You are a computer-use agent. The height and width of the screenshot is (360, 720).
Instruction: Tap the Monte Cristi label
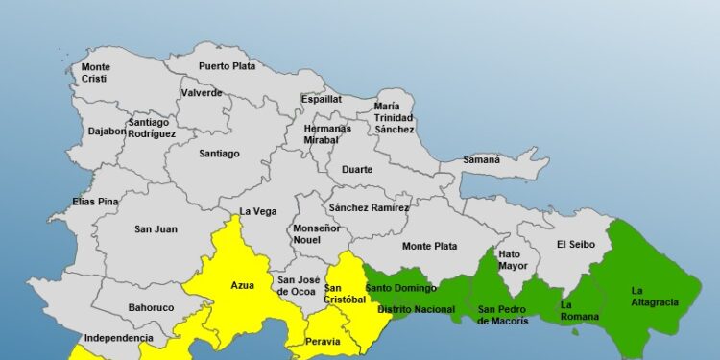(x=96, y=72)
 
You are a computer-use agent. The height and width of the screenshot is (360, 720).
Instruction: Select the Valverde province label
(x=202, y=93)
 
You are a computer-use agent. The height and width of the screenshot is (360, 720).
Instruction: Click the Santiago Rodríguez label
(x=152, y=129)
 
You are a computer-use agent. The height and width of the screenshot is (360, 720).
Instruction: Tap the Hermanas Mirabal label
(x=328, y=133)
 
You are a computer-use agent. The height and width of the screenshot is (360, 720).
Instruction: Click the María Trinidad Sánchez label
(x=394, y=117)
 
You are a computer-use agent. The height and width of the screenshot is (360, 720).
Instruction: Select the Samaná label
(x=482, y=159)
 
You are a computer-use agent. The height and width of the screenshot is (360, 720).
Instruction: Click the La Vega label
(x=258, y=211)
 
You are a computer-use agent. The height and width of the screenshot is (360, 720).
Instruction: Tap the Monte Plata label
(x=429, y=246)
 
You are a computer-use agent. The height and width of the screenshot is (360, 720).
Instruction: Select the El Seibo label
(x=576, y=244)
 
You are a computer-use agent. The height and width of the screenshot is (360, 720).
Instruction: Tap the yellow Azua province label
(x=243, y=285)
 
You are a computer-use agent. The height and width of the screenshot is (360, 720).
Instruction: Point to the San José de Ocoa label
(x=298, y=284)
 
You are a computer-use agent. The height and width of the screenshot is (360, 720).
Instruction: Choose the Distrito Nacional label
(x=416, y=309)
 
